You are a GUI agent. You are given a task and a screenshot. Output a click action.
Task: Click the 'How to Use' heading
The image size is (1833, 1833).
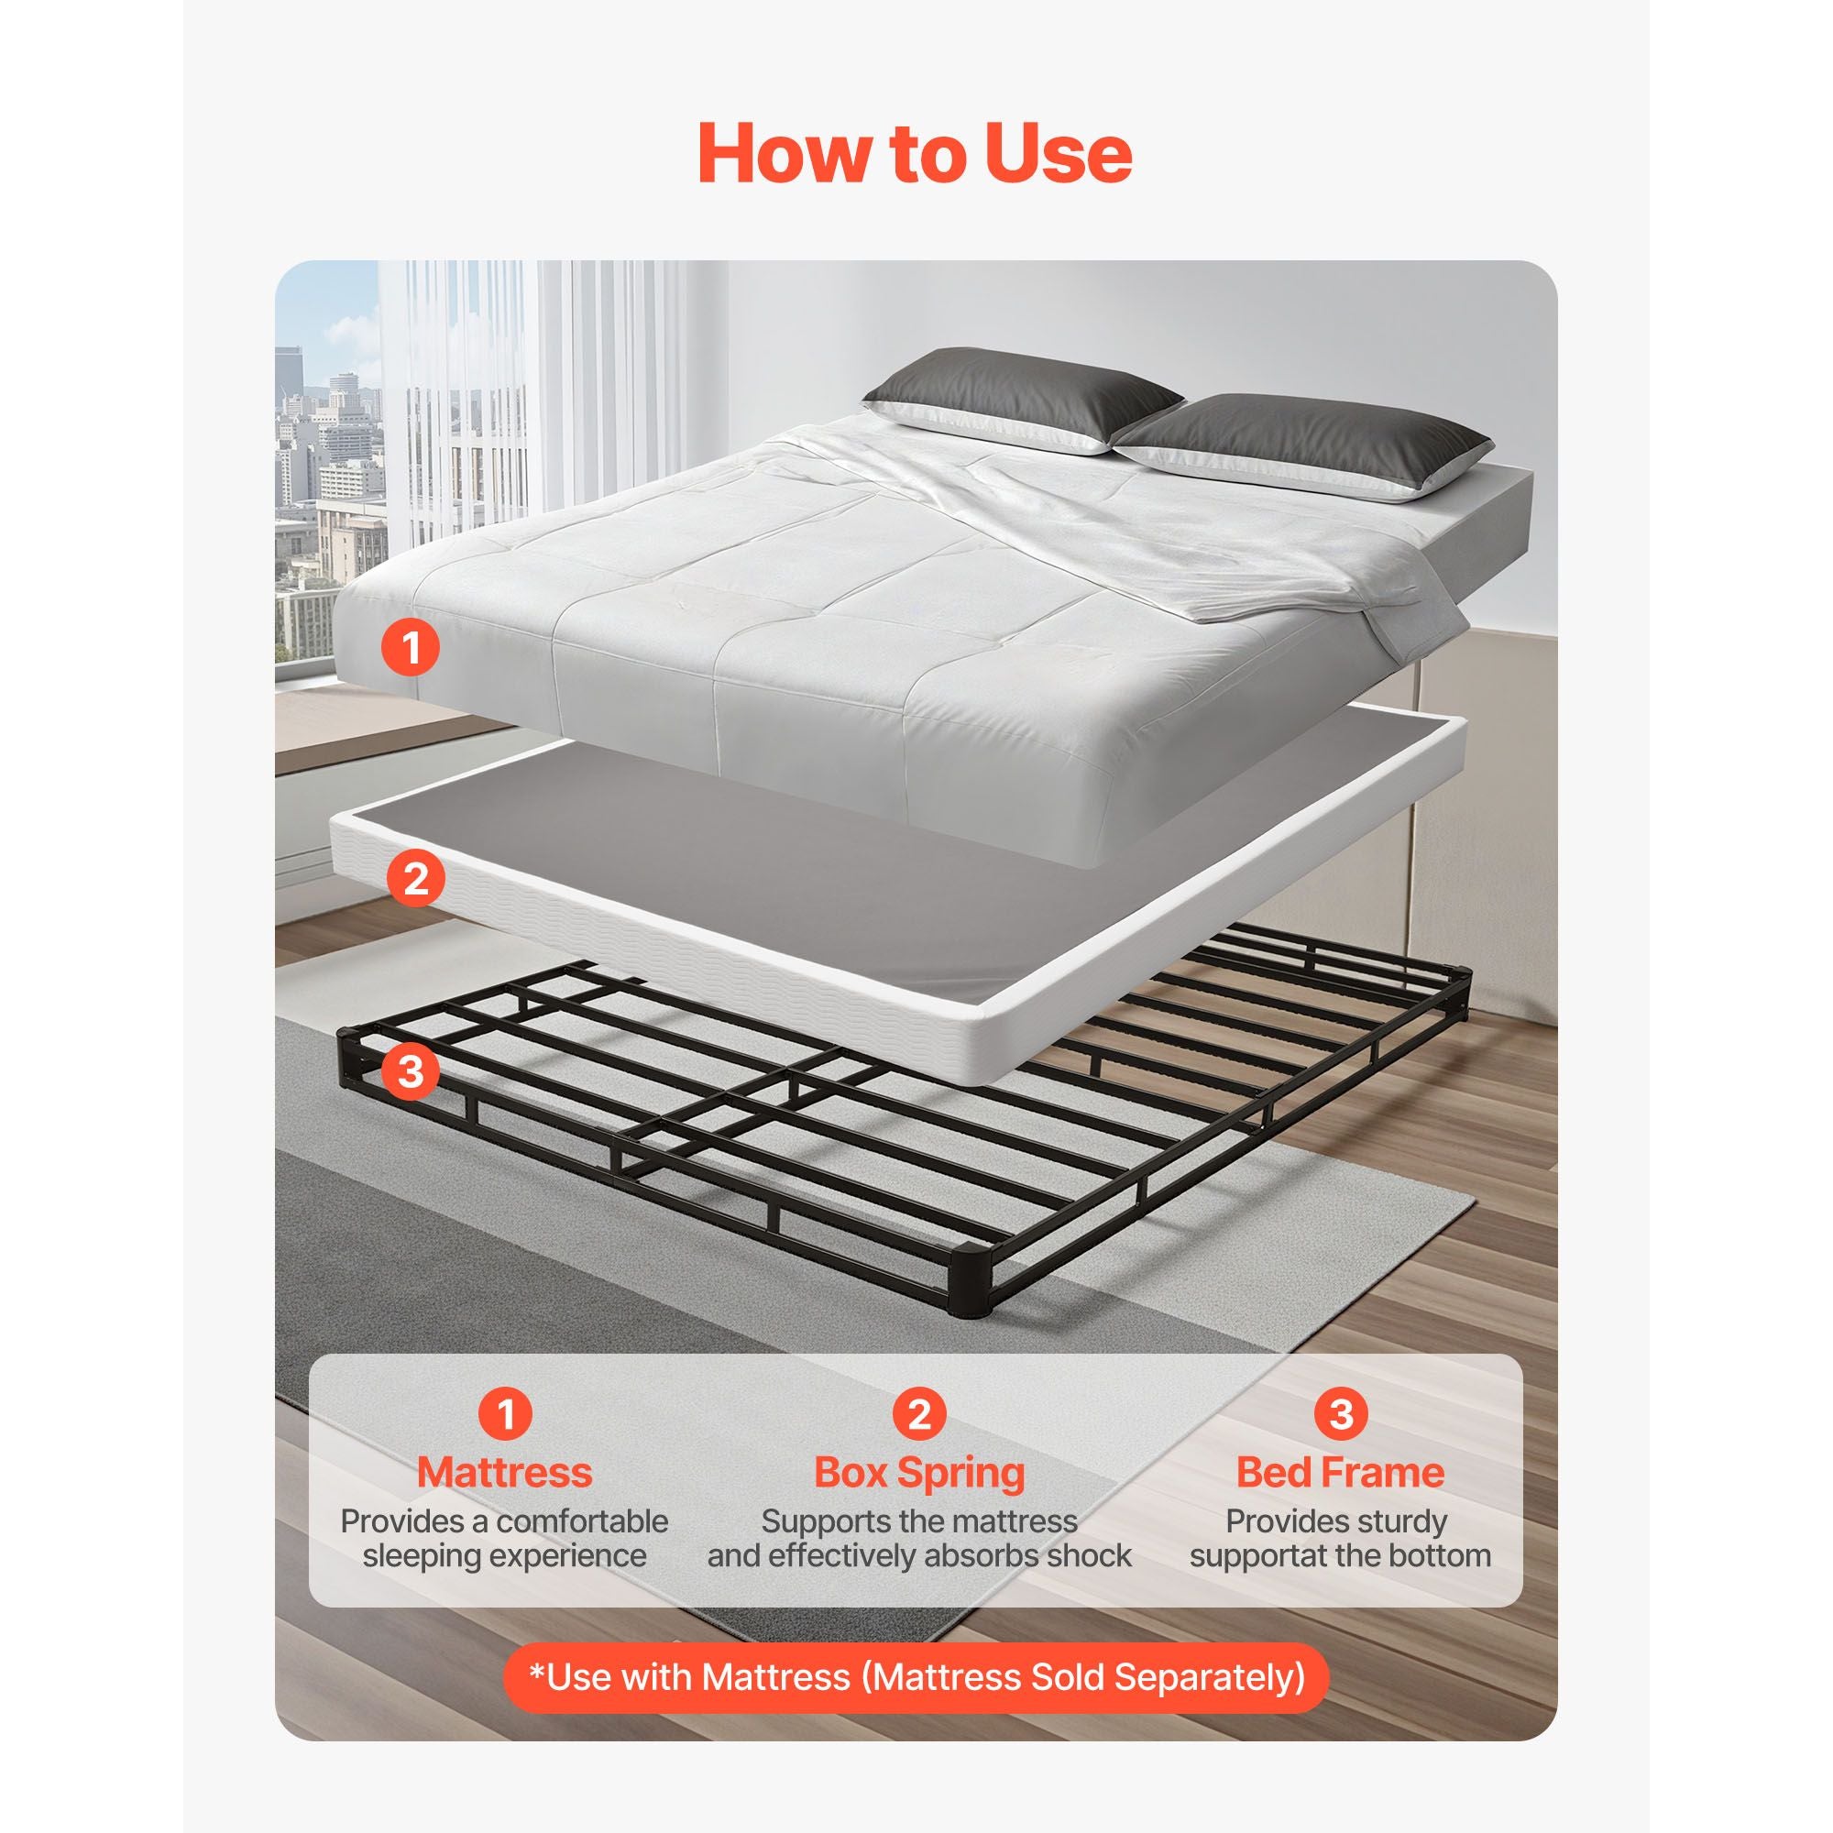(916, 154)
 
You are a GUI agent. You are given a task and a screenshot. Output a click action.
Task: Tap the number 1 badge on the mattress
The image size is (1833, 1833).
(411, 648)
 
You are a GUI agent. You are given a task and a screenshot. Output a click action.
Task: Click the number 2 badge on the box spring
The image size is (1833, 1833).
(415, 879)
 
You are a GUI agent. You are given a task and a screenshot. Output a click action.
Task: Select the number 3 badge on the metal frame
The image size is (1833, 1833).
(410, 1071)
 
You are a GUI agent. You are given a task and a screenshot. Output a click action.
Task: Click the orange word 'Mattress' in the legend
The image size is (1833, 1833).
(505, 1472)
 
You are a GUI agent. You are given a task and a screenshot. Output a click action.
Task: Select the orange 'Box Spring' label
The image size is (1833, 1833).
(919, 1474)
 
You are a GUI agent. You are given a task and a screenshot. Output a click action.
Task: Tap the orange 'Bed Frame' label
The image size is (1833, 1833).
(1340, 1472)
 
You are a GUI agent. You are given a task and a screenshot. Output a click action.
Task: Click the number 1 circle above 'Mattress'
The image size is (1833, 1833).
(506, 1413)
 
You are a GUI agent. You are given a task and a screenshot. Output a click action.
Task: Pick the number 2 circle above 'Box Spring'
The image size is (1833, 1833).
(919, 1413)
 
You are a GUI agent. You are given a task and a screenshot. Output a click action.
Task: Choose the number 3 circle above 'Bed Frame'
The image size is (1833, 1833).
(1341, 1413)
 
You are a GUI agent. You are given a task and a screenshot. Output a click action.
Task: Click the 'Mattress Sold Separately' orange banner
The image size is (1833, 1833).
(916, 1676)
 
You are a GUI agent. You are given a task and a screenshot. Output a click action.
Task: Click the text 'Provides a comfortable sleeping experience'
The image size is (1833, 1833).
(505, 1538)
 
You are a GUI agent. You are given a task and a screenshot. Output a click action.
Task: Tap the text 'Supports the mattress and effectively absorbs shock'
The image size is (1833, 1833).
(919, 1538)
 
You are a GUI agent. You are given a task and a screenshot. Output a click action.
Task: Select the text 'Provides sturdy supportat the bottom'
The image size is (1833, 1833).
(1340, 1538)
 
